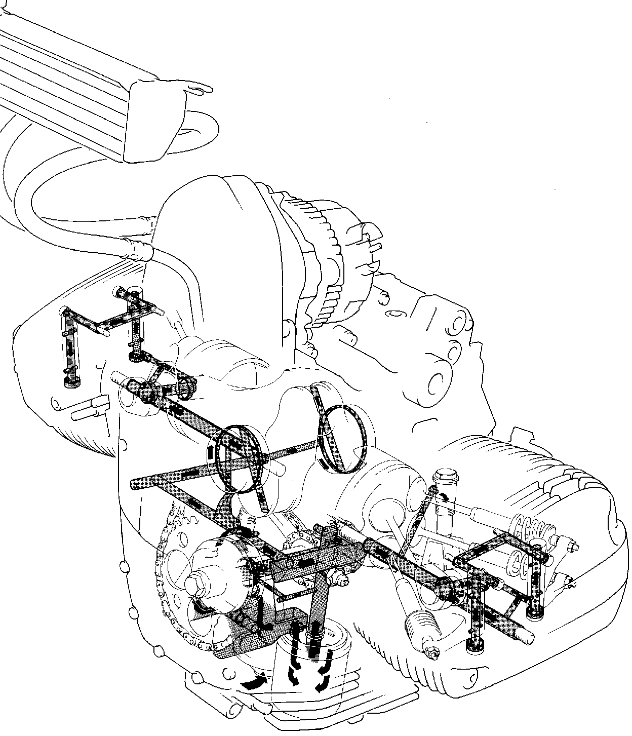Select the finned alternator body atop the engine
324,263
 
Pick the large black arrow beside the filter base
253,684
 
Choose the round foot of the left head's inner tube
136,357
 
